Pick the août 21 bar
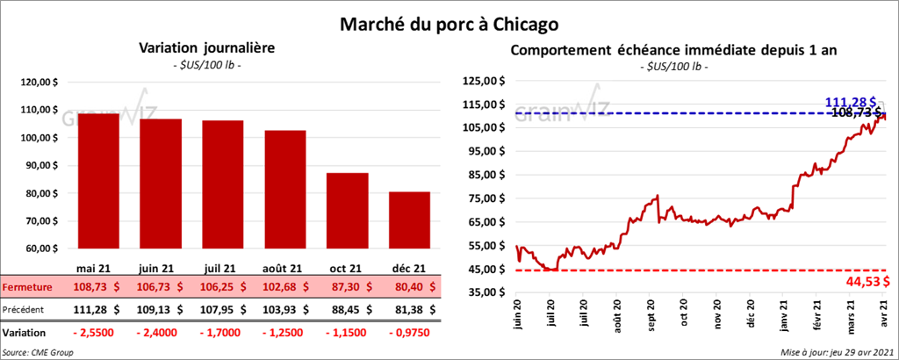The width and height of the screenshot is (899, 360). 286,189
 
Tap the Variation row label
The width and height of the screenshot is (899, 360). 24,333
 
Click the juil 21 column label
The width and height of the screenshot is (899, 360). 223,269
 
